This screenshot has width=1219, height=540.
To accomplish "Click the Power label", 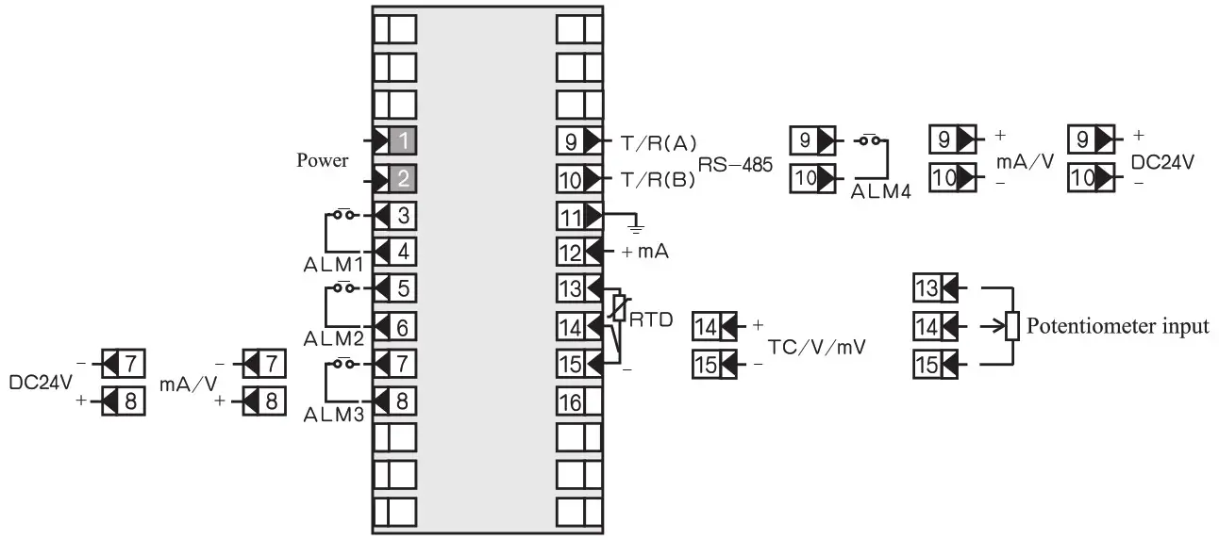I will point(323,160).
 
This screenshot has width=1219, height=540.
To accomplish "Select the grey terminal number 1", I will point(403,141).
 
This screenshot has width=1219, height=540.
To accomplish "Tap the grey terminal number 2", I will point(403,178).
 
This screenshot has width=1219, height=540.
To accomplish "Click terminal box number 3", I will point(403,215).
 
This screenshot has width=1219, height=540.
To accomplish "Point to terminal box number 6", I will point(403,326).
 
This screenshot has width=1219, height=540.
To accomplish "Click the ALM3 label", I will point(328,413).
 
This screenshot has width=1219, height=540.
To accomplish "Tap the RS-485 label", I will point(735,166).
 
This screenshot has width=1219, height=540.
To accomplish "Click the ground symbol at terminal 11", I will point(636,227).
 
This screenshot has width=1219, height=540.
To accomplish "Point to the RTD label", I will point(650,319).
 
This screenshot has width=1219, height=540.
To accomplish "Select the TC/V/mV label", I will point(817,346).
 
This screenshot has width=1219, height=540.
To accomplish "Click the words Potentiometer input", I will point(1118,327).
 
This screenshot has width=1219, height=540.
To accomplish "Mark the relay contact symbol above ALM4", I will point(872,141).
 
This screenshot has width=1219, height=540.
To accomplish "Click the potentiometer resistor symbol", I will point(1012,326).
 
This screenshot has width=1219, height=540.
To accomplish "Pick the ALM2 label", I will point(328,337).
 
